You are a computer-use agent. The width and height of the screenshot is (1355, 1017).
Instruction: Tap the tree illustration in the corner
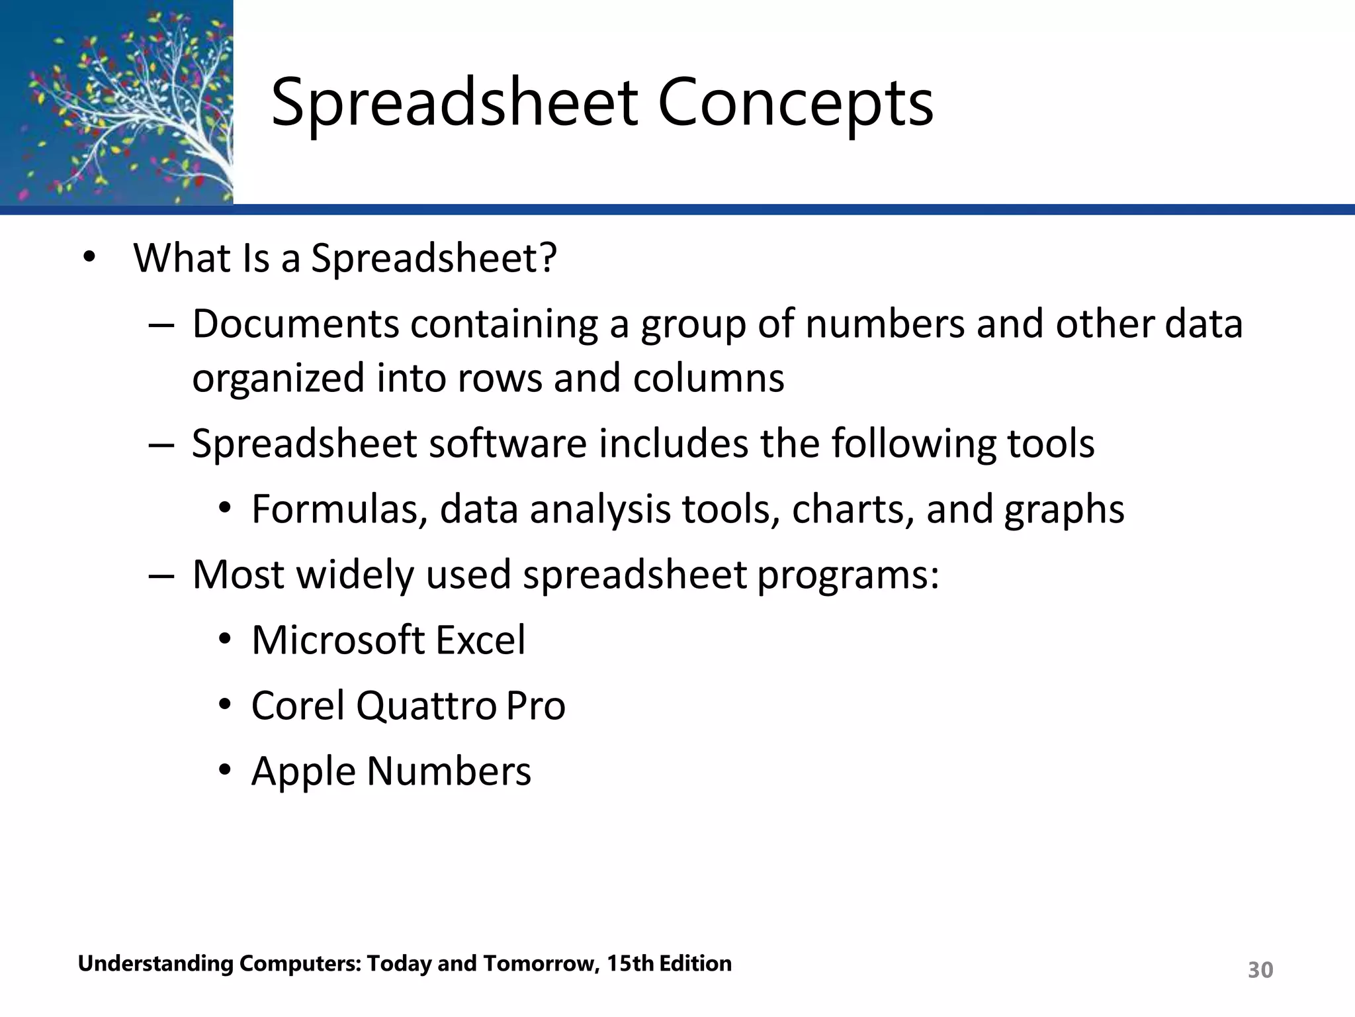(x=116, y=103)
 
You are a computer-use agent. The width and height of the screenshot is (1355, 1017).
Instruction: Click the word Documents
(x=296, y=324)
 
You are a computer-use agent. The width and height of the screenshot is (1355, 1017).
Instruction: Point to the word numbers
(x=885, y=324)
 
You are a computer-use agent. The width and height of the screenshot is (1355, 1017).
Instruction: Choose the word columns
(x=708, y=377)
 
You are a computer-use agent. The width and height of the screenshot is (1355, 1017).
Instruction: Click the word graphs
(x=1064, y=509)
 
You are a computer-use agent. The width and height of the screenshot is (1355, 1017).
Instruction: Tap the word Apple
(x=303, y=771)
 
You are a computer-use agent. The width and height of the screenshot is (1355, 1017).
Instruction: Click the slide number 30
(x=1260, y=970)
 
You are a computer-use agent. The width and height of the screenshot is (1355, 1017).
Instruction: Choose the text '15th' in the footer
(x=631, y=963)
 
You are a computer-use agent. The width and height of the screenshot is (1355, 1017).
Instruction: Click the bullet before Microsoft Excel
(x=226, y=640)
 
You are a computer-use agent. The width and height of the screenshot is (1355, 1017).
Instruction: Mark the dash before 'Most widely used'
(x=161, y=575)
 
